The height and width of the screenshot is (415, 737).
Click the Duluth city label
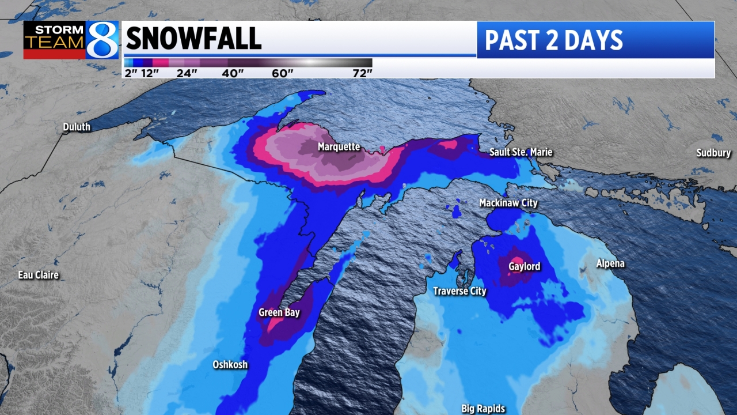pyautogui.click(x=77, y=127)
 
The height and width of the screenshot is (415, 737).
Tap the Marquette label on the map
pyautogui.click(x=339, y=147)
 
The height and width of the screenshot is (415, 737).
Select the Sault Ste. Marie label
pyautogui.click(x=521, y=152)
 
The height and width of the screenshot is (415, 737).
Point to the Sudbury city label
pyautogui.click(x=713, y=153)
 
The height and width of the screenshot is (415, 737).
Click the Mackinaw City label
pyautogui.click(x=508, y=203)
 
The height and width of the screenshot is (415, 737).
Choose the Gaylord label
pyautogui.click(x=524, y=266)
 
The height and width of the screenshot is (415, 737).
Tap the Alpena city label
pyautogui.click(x=610, y=263)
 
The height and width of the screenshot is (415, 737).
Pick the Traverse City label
pyautogui.click(x=459, y=291)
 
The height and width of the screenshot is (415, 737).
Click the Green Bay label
pyautogui.click(x=279, y=312)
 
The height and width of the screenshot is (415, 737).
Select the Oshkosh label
pyautogui.click(x=230, y=364)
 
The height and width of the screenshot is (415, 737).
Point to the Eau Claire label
pyautogui.click(x=39, y=275)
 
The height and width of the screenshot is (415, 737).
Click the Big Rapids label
pyautogui.click(x=483, y=409)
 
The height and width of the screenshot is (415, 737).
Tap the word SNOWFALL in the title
pyautogui.click(x=193, y=39)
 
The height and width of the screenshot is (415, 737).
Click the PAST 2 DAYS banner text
pyautogui.click(x=553, y=40)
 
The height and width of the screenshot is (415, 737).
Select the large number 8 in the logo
pyautogui.click(x=102, y=40)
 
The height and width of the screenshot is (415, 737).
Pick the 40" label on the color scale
pyautogui.click(x=233, y=73)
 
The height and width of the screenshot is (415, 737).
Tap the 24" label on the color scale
pyautogui.click(x=187, y=73)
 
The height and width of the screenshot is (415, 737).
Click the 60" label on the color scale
pyautogui.click(x=283, y=73)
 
